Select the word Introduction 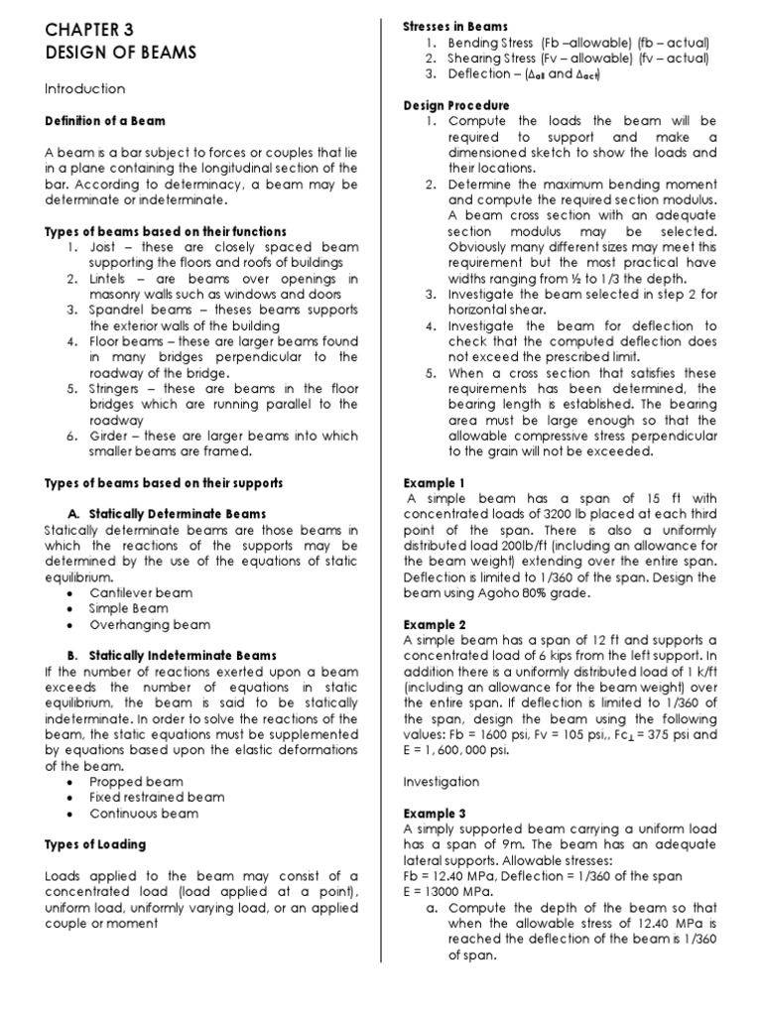(84, 89)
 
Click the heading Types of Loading (95, 845)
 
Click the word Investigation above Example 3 (441, 782)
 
